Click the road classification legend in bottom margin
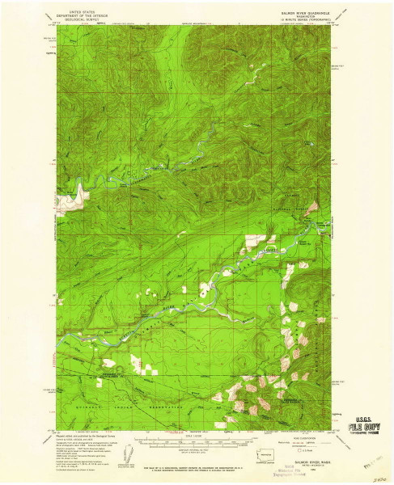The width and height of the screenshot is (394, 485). point(307,441)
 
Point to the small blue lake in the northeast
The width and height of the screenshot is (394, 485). point(257,83)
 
